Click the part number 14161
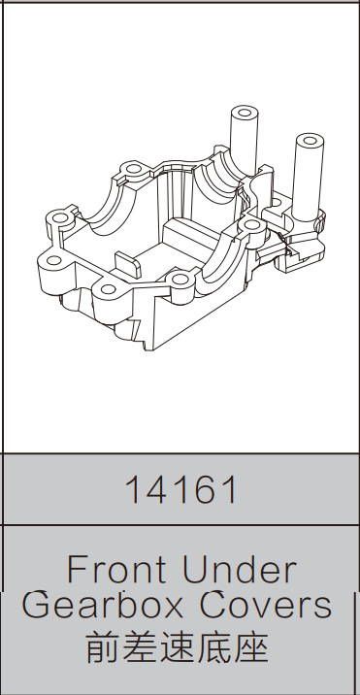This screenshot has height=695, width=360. tap(180, 489)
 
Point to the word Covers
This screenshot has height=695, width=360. tap(266, 605)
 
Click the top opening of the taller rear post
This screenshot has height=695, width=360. tap(244, 110)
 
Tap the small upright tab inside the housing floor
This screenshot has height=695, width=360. tap(127, 260)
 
